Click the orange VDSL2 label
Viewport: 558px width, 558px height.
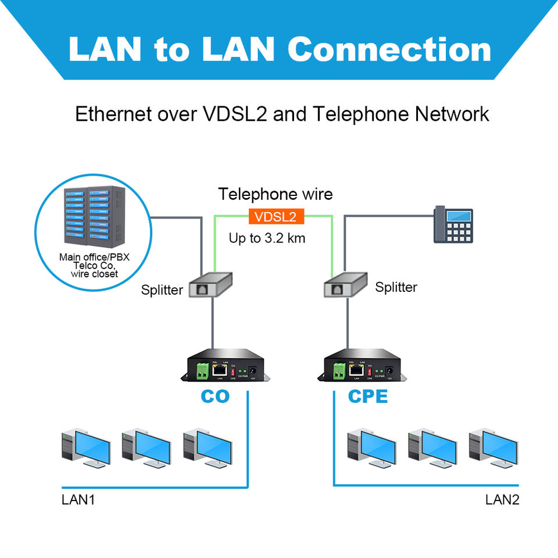click(x=276, y=217)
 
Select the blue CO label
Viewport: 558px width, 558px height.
click(x=215, y=396)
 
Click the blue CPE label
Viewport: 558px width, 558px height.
click(x=367, y=396)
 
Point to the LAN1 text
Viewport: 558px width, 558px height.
click(x=78, y=499)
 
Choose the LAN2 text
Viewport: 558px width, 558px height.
click(x=502, y=499)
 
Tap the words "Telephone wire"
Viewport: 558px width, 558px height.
click(x=276, y=194)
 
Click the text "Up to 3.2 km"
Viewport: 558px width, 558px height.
click(x=268, y=238)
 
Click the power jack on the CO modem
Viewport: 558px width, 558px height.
click(x=253, y=370)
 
